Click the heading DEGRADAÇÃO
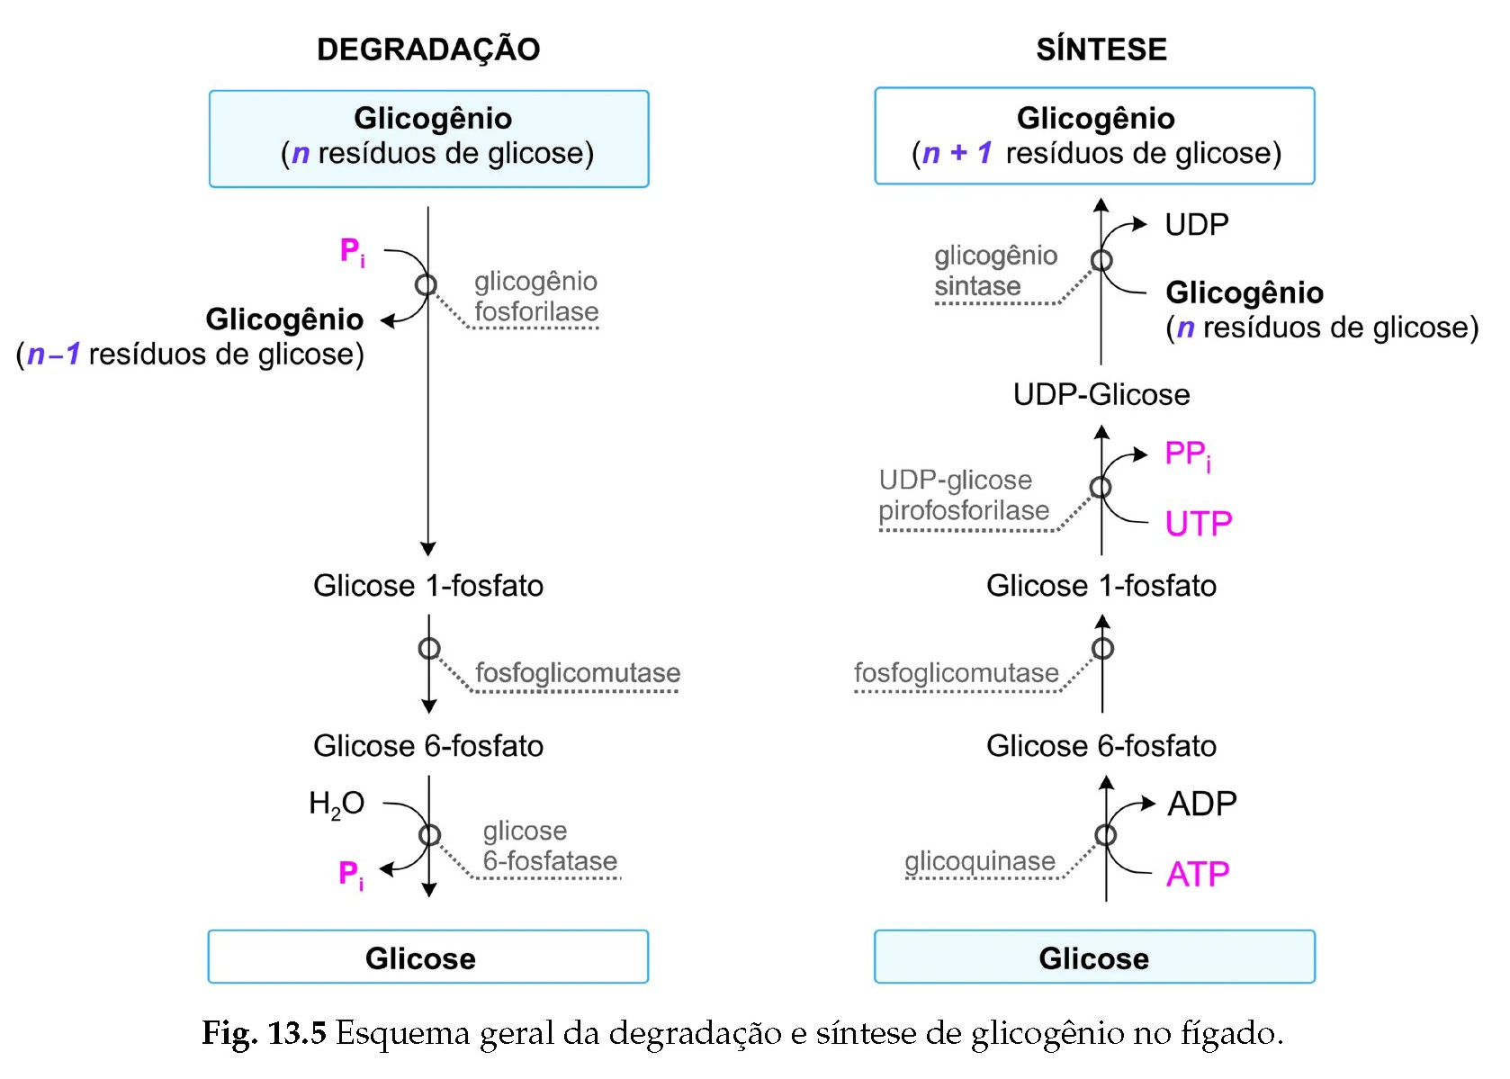428,49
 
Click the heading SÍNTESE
1101,49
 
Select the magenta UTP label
1198,523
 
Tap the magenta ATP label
1197,874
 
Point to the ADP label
1201,803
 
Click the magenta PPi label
1187,454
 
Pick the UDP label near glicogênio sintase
1196,224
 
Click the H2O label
336,803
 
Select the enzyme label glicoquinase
979,861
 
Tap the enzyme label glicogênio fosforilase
536,296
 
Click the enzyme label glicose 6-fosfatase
549,846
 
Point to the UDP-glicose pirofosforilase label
963,495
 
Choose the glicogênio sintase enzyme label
994,271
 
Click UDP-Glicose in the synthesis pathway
1101,394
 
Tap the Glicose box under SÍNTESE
1094,957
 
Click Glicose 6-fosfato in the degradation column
428,746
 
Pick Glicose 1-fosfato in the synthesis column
1101,586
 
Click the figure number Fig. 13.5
264,1032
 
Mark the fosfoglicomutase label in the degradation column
577,673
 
